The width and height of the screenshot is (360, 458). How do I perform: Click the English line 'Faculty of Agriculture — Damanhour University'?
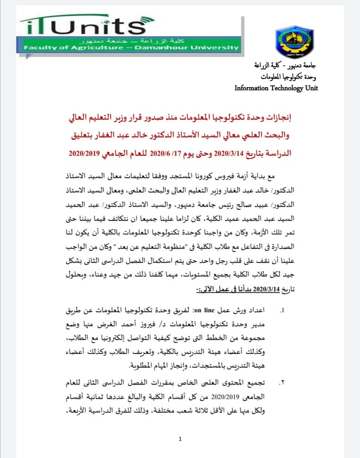[x=131, y=48]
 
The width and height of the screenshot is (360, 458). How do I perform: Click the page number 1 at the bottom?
[x=180, y=439]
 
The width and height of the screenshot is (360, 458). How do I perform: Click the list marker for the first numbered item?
[x=283, y=310]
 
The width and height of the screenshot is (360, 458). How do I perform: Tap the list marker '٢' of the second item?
[x=283, y=384]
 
